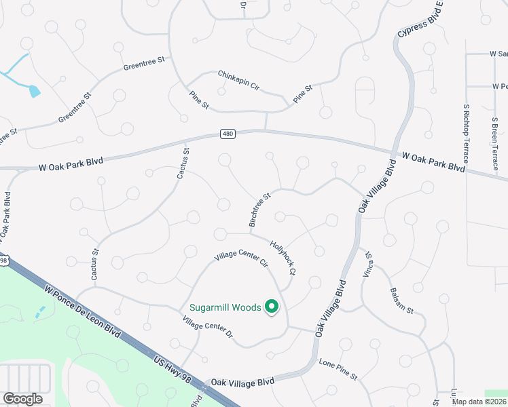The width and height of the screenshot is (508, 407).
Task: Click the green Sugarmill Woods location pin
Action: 272,307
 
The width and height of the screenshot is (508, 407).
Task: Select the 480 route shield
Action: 228,134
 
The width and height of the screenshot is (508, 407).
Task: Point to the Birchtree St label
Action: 259,210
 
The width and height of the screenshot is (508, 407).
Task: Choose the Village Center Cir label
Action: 242,256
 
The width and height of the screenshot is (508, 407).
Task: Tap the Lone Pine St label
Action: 338,368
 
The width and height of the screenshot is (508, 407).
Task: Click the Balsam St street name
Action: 401,301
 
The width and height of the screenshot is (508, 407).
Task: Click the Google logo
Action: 22,399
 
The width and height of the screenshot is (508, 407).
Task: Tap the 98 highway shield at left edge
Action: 3,260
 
